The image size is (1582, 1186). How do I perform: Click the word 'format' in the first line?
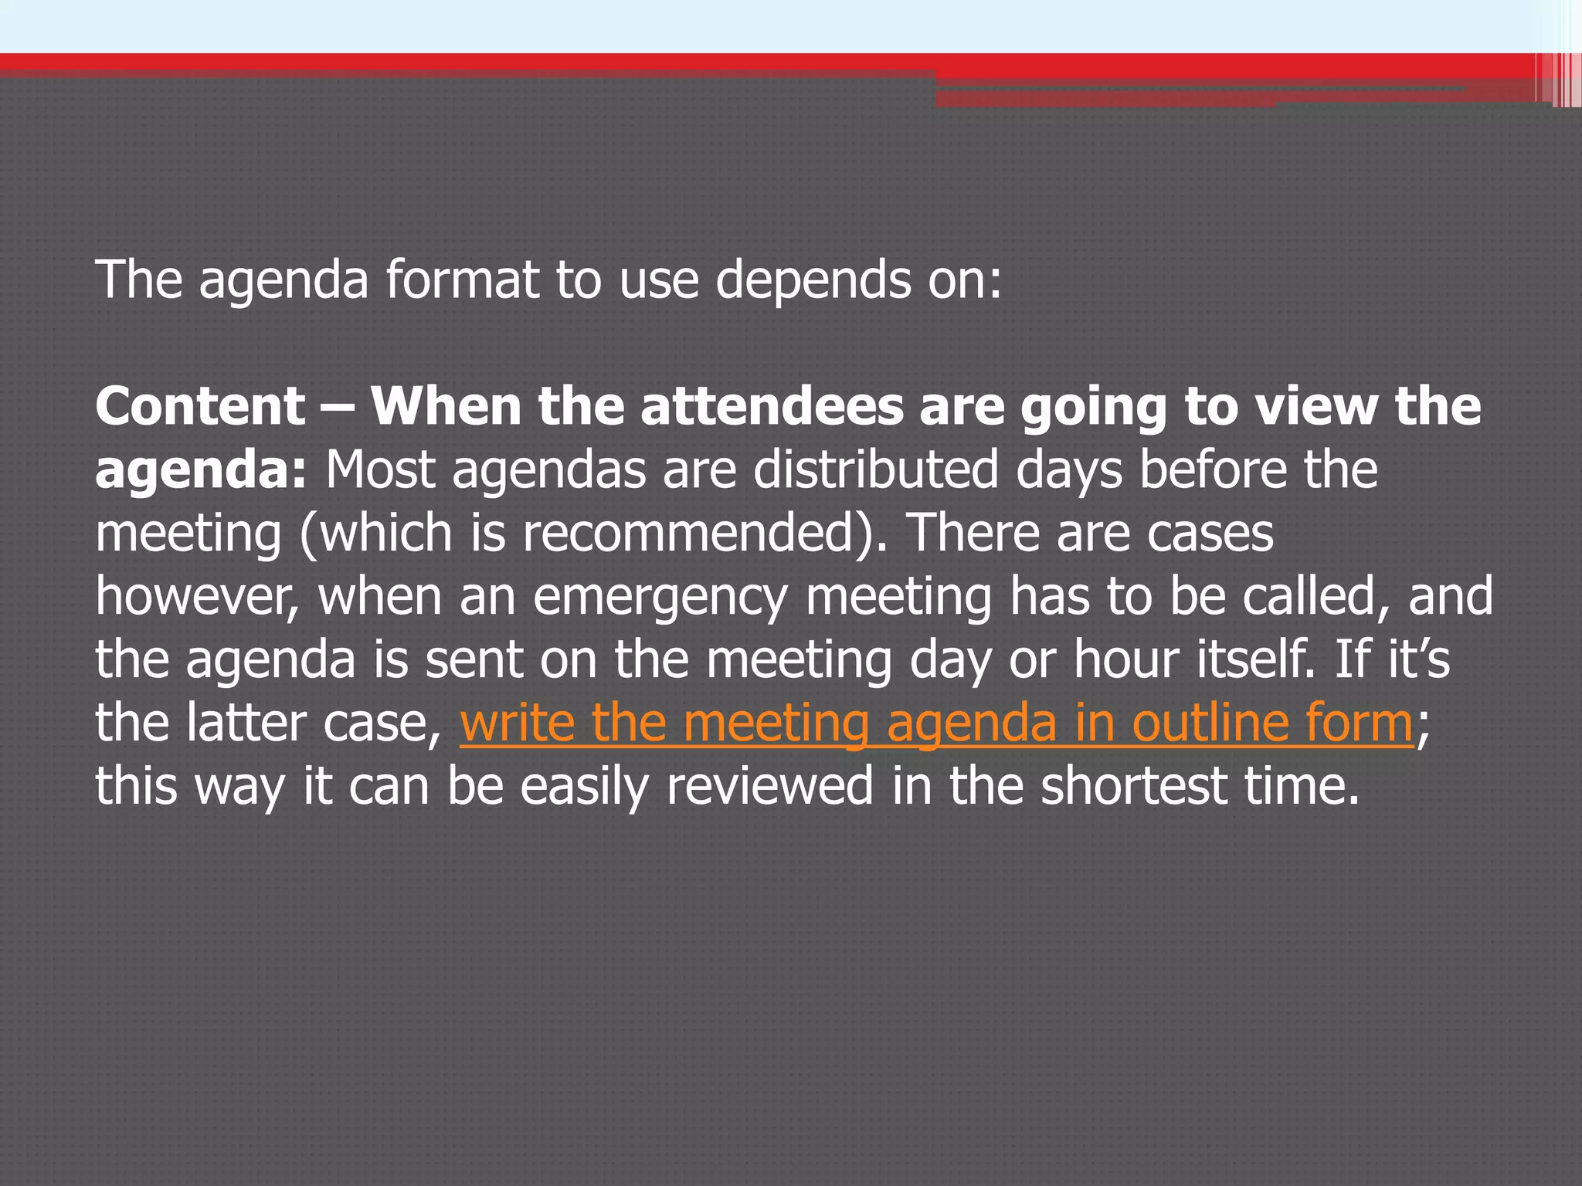click(x=462, y=280)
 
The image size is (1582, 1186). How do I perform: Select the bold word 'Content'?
click(x=201, y=406)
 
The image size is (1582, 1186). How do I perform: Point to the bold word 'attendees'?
click(x=772, y=406)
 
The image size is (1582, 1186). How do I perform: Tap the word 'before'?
click(x=1213, y=469)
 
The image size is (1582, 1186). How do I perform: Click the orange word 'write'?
click(x=517, y=723)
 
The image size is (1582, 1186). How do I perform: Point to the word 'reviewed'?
click(x=769, y=786)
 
